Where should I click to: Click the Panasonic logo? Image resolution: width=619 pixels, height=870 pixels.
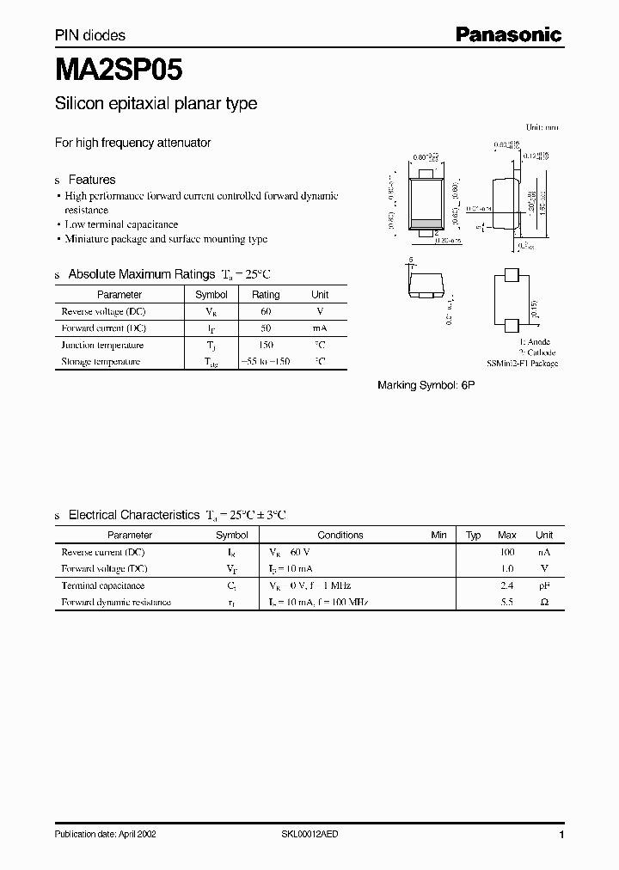[508, 34]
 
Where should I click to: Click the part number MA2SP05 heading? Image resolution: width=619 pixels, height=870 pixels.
[119, 68]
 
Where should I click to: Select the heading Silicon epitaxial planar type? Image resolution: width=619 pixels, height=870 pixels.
[156, 104]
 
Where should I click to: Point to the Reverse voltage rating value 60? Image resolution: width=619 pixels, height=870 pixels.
[266, 311]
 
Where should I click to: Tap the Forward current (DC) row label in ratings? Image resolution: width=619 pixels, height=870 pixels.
[103, 328]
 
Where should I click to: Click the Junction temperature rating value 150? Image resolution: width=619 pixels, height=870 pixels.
[266, 345]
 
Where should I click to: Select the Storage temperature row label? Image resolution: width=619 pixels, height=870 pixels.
[101, 362]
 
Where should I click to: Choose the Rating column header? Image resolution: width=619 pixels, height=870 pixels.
[266, 294]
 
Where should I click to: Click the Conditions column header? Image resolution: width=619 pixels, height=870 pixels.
[340, 535]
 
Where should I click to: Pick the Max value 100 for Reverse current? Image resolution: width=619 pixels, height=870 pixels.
[507, 552]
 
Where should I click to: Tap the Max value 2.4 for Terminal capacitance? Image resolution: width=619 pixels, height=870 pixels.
[507, 585]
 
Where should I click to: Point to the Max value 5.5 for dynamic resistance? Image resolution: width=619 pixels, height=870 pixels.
[507, 603]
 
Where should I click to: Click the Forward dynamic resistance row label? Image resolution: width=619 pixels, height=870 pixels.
[116, 603]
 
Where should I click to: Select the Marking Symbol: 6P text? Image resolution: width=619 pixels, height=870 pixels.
[426, 386]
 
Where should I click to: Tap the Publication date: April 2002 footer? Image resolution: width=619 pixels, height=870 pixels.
[106, 835]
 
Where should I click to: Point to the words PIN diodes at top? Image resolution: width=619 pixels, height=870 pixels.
[90, 35]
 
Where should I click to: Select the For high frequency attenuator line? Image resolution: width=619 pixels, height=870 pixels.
[132, 143]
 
